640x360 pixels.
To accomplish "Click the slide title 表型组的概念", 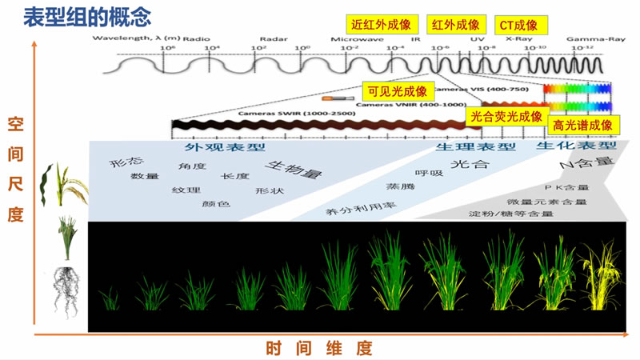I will [77, 15].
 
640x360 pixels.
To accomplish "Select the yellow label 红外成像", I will [456, 24].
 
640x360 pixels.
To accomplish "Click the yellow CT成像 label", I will [518, 24].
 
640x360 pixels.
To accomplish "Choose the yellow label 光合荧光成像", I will [506, 117].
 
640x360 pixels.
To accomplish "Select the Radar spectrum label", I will [268, 38].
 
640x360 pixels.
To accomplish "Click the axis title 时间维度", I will [319, 348].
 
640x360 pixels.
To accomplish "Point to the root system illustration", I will [66, 289].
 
